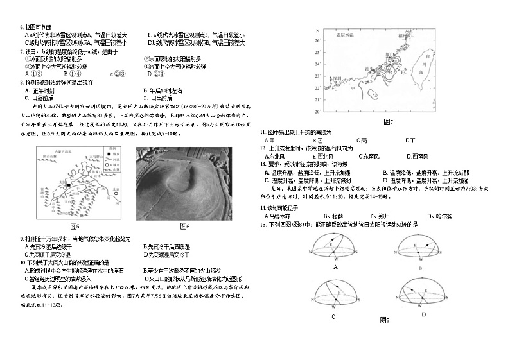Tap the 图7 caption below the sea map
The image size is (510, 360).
[x=387, y=121]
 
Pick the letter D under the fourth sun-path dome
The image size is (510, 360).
[x=423, y=314]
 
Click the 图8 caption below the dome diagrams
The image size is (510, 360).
[x=384, y=320]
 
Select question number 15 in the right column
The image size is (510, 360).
[x=263, y=224]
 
